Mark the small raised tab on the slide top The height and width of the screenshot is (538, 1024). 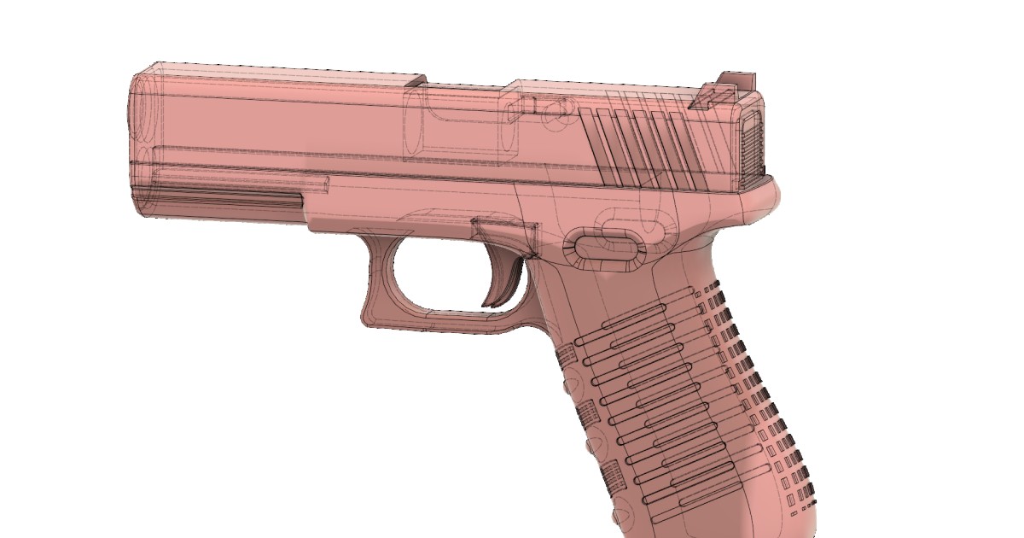(x=416, y=81)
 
